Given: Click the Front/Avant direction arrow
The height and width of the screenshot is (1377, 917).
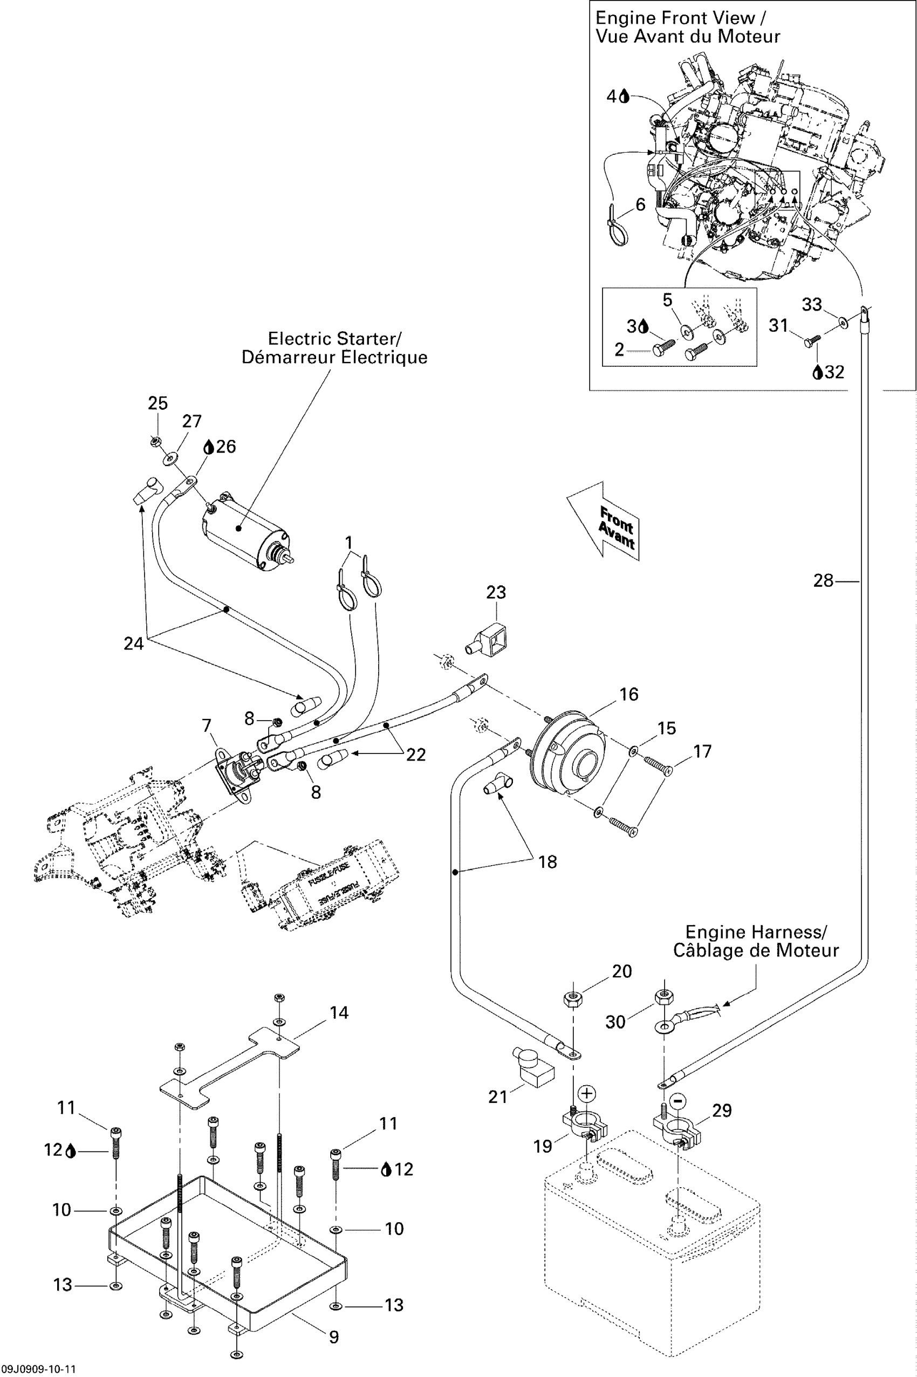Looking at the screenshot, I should pyautogui.click(x=605, y=521).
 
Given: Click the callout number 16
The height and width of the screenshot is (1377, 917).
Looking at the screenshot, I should pyautogui.click(x=628, y=694).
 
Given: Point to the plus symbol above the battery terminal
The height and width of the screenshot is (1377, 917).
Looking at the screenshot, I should pyautogui.click(x=587, y=1093).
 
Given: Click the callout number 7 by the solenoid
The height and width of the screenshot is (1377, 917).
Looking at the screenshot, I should pyautogui.click(x=207, y=725).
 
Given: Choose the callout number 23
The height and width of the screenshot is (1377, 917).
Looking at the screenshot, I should pyautogui.click(x=496, y=592).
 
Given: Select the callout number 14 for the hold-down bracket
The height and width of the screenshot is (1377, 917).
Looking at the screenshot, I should pyautogui.click(x=339, y=1013).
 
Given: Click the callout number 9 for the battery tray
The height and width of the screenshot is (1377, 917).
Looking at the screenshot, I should pyautogui.click(x=334, y=1337).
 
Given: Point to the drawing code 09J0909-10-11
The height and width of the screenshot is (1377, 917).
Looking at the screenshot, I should pyautogui.click(x=39, y=1369).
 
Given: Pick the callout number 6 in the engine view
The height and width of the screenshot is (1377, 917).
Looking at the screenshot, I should pyautogui.click(x=640, y=204).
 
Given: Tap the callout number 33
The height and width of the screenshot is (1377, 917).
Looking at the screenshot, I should pyautogui.click(x=812, y=304).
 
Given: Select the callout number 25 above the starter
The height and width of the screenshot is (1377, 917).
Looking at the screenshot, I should pyautogui.click(x=158, y=403).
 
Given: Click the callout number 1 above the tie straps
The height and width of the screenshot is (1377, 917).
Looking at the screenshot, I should pyautogui.click(x=349, y=542).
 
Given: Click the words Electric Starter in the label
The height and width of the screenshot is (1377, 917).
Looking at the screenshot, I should pyautogui.click(x=334, y=339).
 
